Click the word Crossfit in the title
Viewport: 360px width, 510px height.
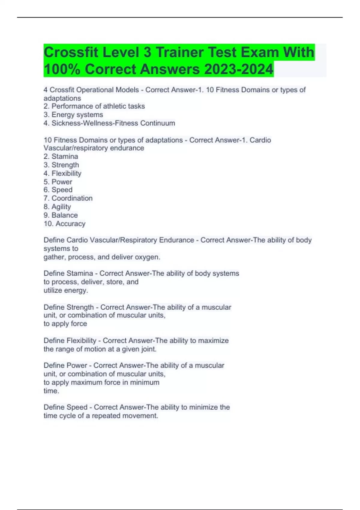coord(71,52)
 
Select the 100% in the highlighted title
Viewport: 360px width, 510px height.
coord(62,69)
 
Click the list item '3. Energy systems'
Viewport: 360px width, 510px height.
coord(73,115)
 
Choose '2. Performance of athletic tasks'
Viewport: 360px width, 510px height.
coord(94,106)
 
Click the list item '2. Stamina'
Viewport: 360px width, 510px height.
coord(61,156)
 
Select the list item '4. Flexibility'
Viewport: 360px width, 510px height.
coord(62,173)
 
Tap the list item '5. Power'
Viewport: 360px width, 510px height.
coord(58,182)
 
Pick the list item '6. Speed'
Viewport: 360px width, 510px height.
coord(58,190)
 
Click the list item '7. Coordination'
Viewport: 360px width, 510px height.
coord(68,198)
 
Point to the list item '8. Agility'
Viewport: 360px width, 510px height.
coord(57,207)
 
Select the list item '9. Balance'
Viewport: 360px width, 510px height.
coord(61,215)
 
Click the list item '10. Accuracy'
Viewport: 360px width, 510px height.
coord(64,223)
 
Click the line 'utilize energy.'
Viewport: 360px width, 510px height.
coord(66,290)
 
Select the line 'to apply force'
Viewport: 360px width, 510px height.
coord(65,324)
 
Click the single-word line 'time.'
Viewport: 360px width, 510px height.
coord(51,391)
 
